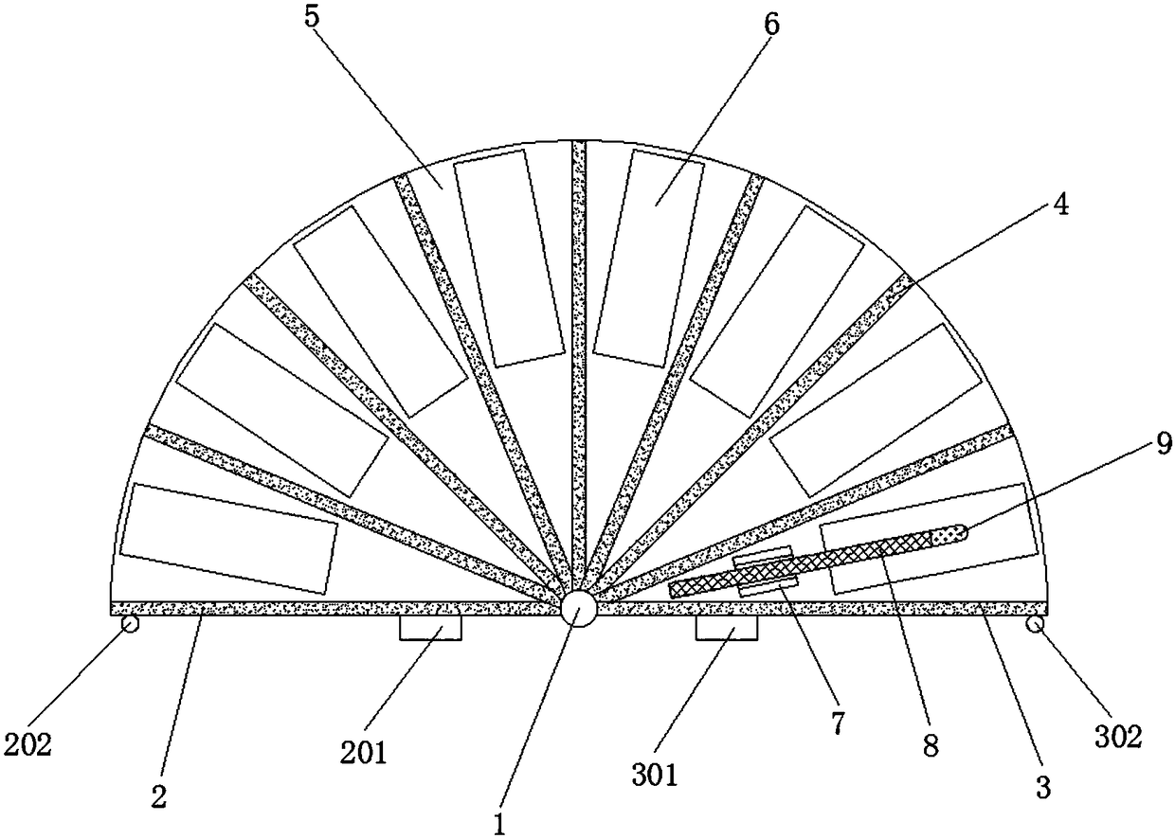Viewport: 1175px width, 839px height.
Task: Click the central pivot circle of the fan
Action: [577, 609]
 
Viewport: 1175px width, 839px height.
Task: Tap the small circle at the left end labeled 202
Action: [129, 624]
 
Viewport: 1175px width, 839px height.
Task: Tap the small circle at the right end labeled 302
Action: [1037, 624]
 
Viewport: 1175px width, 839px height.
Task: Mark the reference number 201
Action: [365, 753]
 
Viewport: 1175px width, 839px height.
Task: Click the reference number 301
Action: [656, 776]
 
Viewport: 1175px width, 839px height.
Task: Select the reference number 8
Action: [931, 745]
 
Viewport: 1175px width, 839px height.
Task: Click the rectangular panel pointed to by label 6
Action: [648, 257]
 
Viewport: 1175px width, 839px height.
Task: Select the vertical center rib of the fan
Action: [579, 369]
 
